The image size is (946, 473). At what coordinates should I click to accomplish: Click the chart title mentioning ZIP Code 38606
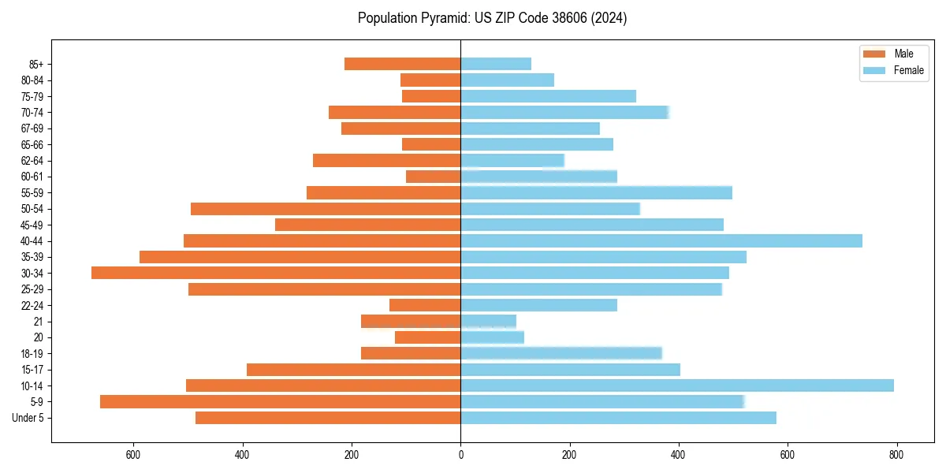coord(492,18)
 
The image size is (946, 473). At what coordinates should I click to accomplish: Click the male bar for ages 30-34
coord(276,273)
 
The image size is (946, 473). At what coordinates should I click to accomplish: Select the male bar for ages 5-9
coord(280,401)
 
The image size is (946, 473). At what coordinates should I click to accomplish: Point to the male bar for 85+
coord(402,64)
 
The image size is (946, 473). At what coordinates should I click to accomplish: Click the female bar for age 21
coord(488,321)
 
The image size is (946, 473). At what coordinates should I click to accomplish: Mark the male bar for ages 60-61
coord(433,177)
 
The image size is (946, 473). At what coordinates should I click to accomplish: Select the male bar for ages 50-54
coord(326,209)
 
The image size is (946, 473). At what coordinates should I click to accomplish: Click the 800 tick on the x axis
coord(896,454)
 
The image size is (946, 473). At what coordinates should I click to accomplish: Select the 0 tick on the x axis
coord(460,454)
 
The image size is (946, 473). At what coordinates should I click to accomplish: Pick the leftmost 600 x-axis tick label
coord(133,454)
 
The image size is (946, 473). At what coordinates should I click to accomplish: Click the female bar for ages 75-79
coord(548,96)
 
